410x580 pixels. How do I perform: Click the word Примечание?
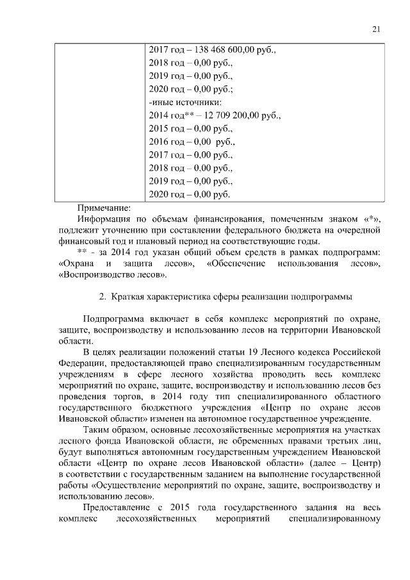click(x=103, y=207)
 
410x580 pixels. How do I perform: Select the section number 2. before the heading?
click(x=102, y=297)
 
